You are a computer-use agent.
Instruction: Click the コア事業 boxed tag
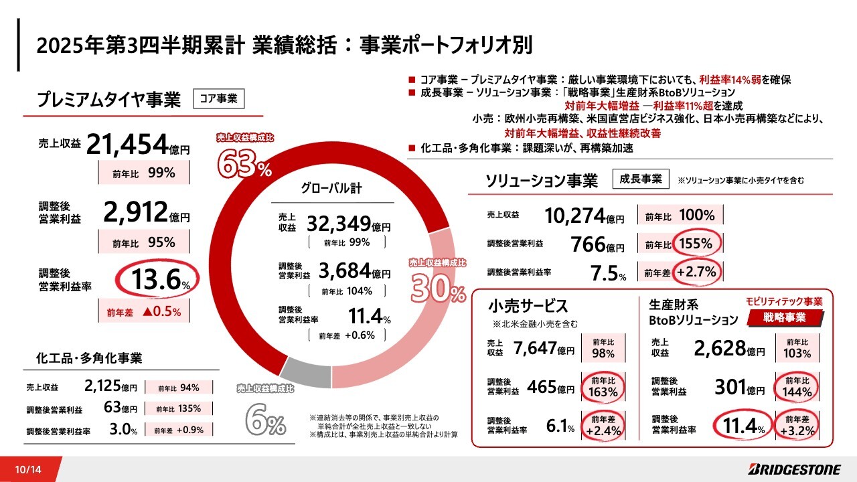click(219, 98)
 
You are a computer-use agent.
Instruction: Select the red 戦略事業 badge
click(795, 317)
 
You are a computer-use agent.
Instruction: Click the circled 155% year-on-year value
click(697, 244)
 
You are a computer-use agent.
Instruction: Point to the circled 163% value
click(603, 387)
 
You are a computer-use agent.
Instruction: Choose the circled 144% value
click(797, 387)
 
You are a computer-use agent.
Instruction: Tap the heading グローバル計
click(331, 189)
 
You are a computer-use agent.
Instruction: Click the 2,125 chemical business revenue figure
click(102, 386)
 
